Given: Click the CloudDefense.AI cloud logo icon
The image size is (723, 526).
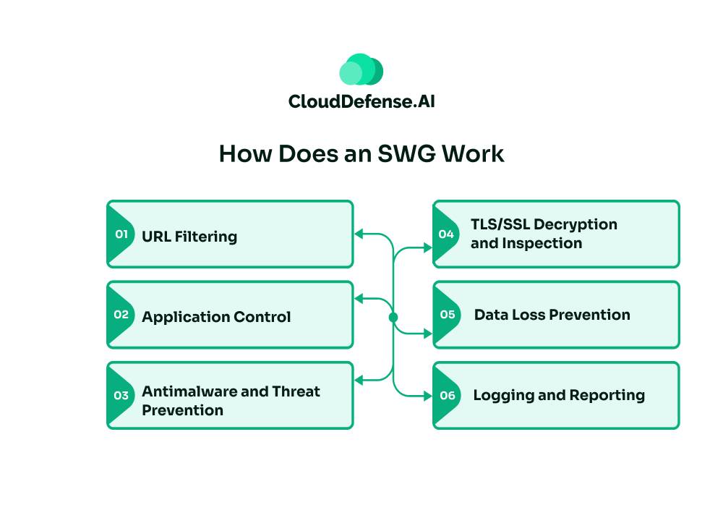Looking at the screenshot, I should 361,69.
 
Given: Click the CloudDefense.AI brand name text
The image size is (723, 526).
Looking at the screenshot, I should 361,101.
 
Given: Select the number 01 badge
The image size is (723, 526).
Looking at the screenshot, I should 121,234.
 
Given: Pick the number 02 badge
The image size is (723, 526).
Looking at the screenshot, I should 121,315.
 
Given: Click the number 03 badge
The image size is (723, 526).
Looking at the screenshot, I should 121,395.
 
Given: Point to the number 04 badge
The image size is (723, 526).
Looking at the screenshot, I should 446,234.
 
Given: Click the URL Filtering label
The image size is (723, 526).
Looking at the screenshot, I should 189,236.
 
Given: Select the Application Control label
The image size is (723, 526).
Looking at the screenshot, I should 216,316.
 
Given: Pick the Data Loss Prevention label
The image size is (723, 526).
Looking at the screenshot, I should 552,315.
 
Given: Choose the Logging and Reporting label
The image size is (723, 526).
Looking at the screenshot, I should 559,395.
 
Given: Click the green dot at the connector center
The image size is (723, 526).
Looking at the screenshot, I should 393,317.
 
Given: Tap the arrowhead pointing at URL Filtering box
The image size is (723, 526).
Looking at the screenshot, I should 357,234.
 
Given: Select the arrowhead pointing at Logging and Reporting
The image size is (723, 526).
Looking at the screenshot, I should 429,395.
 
